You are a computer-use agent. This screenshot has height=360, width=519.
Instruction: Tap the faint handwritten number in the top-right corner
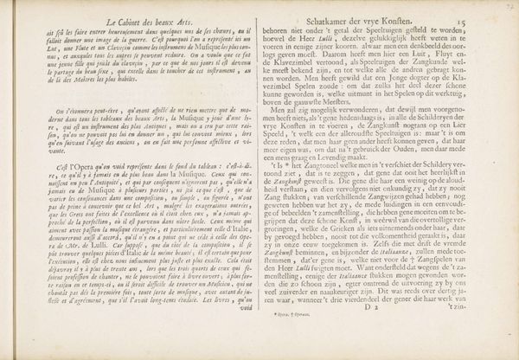coord(509,6)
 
